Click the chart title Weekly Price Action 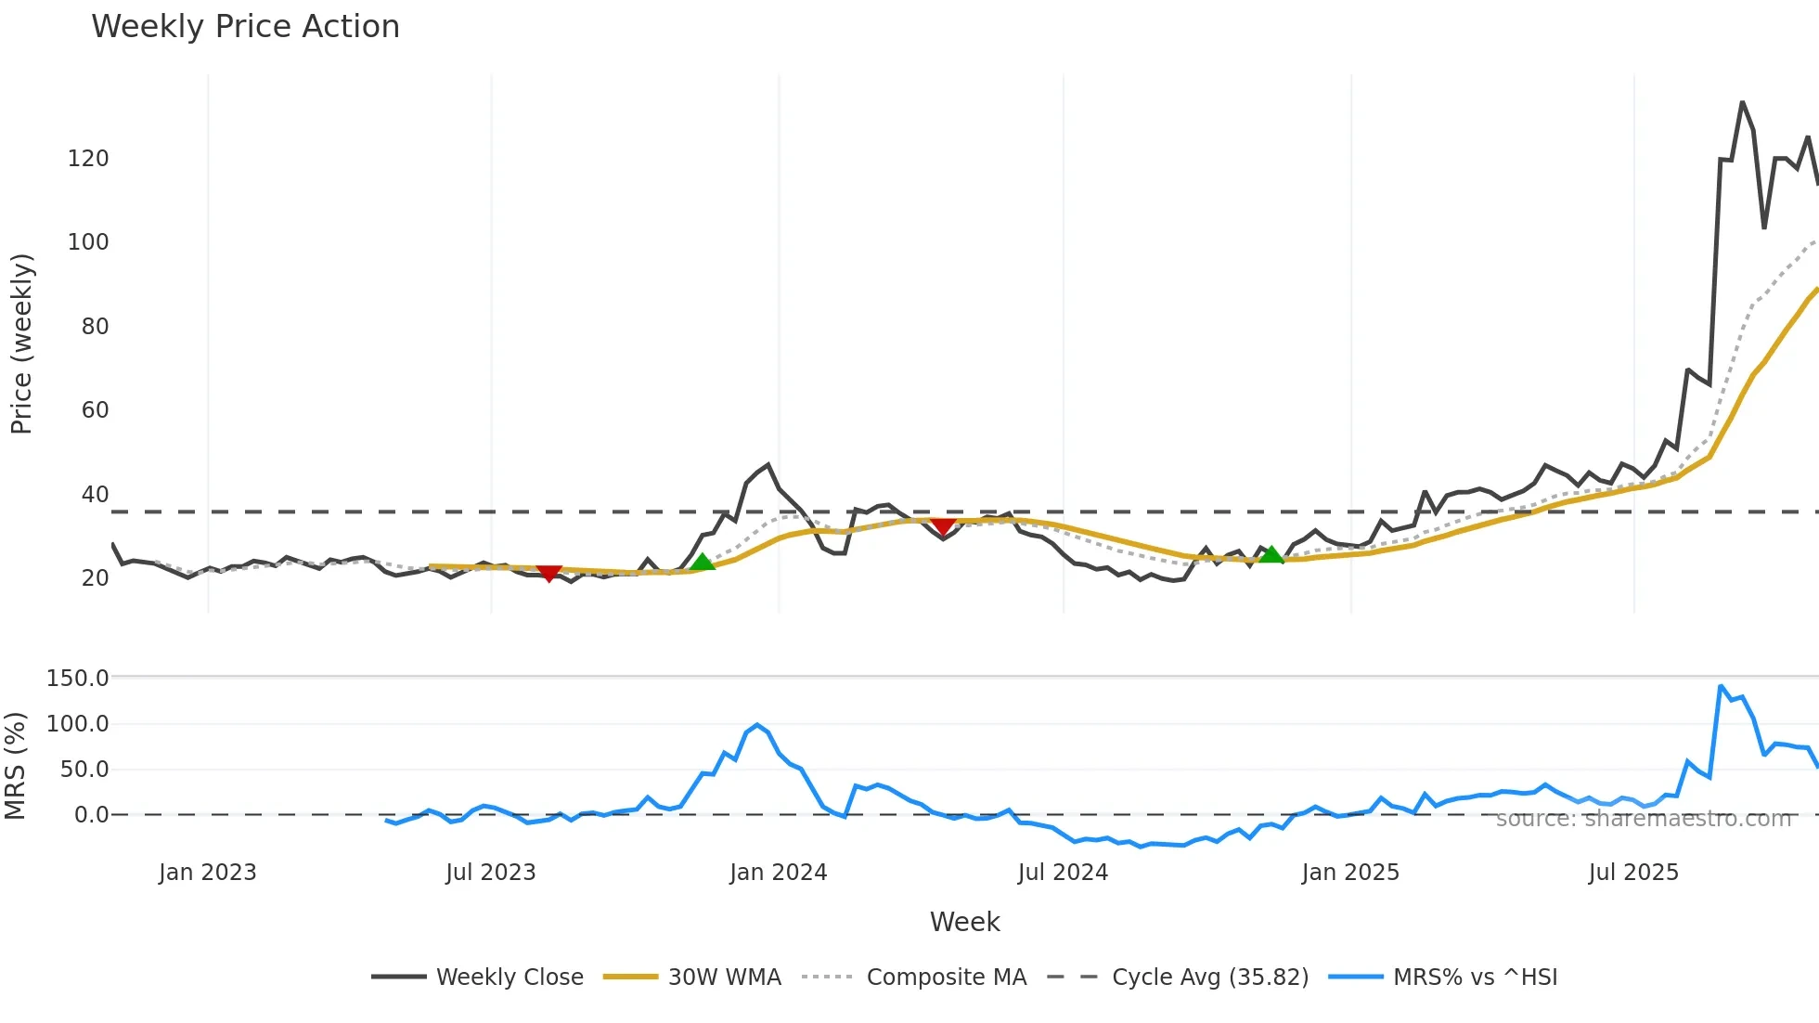pyautogui.click(x=245, y=27)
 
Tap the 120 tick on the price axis pyautogui.click(x=88, y=159)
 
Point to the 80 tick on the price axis pyautogui.click(x=95, y=327)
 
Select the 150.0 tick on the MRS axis pyautogui.click(x=78, y=679)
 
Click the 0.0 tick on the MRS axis pyautogui.click(x=91, y=815)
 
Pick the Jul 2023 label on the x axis pyautogui.click(x=490, y=873)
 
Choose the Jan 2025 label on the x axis pyautogui.click(x=1349, y=873)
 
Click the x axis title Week pyautogui.click(x=964, y=922)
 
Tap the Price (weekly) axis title pyautogui.click(x=22, y=343)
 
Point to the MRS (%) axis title pyautogui.click(x=16, y=766)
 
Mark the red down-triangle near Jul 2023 pyautogui.click(x=549, y=573)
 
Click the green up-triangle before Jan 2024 pyautogui.click(x=703, y=562)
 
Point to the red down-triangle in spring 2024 pyautogui.click(x=943, y=526)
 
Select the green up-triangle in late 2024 pyautogui.click(x=1271, y=554)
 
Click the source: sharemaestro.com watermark pyautogui.click(x=1643, y=819)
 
